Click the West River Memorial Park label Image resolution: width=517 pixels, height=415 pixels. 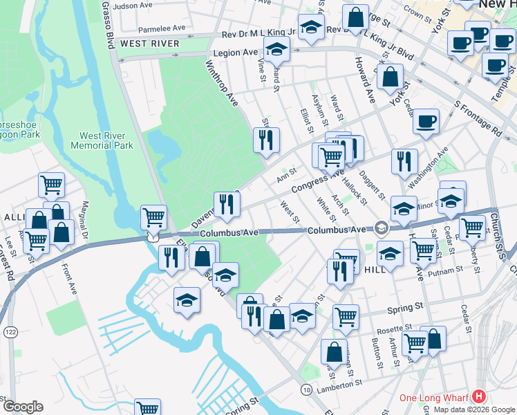(106, 140)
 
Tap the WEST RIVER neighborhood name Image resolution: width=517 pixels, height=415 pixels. (149, 44)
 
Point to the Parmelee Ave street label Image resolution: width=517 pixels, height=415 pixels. (162, 29)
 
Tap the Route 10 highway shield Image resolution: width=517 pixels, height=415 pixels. (305, 391)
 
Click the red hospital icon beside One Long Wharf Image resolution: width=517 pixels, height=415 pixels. (478, 398)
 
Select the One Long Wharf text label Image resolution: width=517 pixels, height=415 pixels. (433, 398)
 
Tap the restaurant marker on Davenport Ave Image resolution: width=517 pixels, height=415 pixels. (227, 203)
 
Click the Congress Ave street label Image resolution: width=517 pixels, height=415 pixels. (317, 183)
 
